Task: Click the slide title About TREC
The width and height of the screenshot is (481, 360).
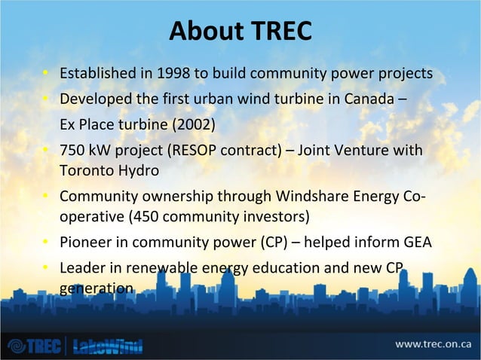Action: [240, 32]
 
